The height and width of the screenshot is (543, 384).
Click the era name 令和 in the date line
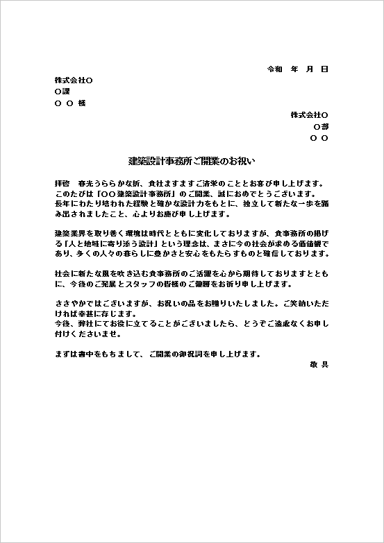pos(275,69)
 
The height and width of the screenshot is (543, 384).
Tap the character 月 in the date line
pos(309,69)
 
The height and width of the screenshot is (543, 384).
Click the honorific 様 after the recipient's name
pos(82,103)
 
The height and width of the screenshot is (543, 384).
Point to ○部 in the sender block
pos(321,127)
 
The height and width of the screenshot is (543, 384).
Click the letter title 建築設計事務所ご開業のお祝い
pos(192,161)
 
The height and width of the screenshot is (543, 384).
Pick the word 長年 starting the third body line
pos(62,205)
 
